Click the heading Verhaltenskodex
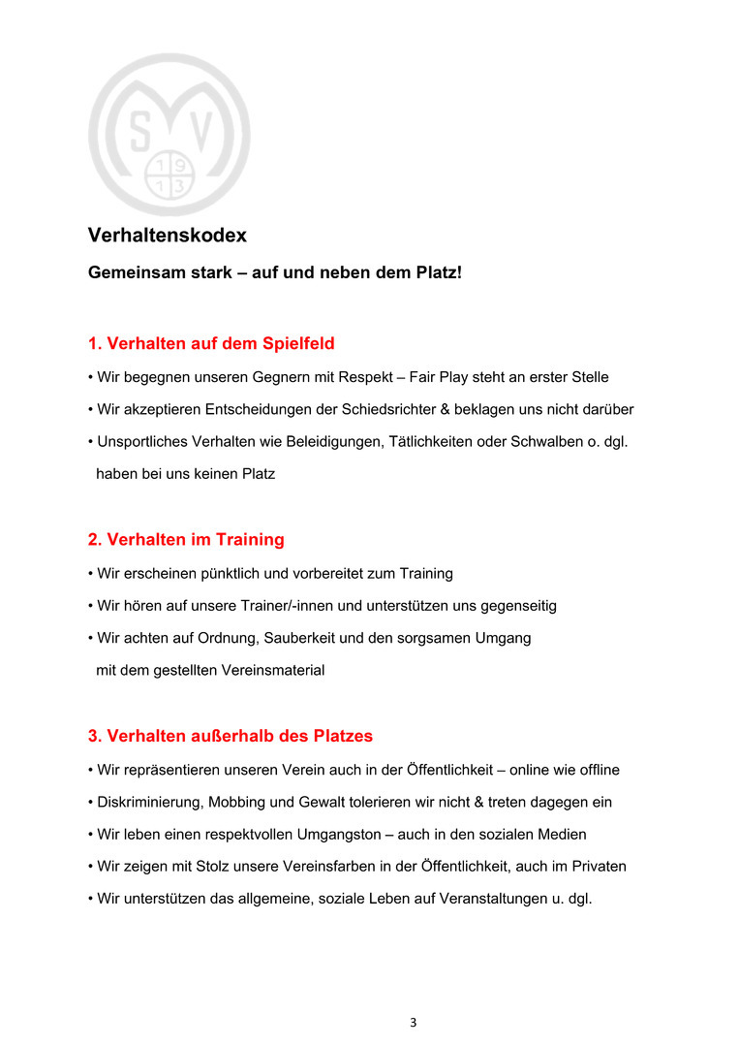pyautogui.click(x=167, y=236)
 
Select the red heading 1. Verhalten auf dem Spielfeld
pyautogui.click(x=211, y=343)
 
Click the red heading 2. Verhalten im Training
pyautogui.click(x=186, y=539)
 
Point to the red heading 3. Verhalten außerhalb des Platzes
pyautogui.click(x=231, y=736)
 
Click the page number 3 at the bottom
pyautogui.click(x=414, y=1022)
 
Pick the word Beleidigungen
pyautogui.click(x=326, y=442)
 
